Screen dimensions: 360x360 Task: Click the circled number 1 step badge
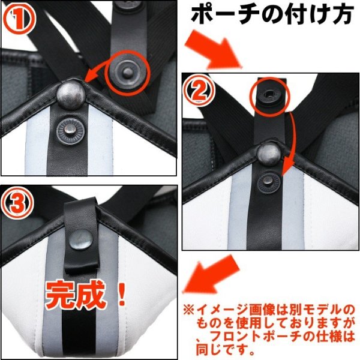[x=17, y=17]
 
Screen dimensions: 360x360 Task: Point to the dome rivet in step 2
[x=267, y=155]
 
